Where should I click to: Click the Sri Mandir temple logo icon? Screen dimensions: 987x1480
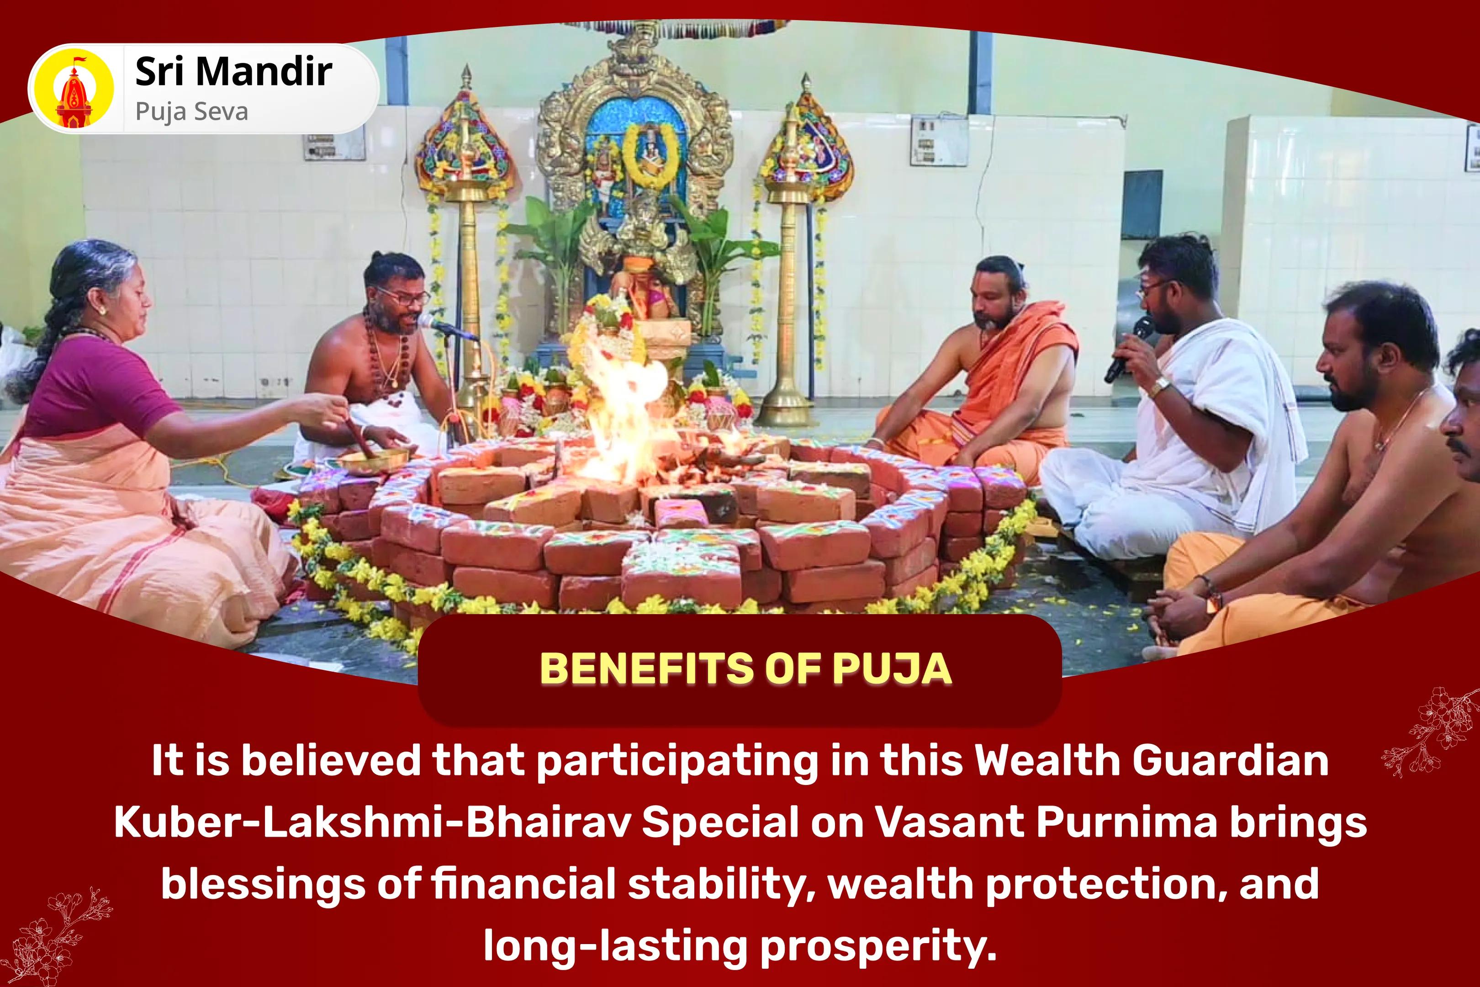[x=75, y=90]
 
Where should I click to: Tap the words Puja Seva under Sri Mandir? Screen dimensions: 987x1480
[x=191, y=112]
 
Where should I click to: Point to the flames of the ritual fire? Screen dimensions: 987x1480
[x=623, y=403]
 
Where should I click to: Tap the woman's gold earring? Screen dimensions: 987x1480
[x=101, y=310]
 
